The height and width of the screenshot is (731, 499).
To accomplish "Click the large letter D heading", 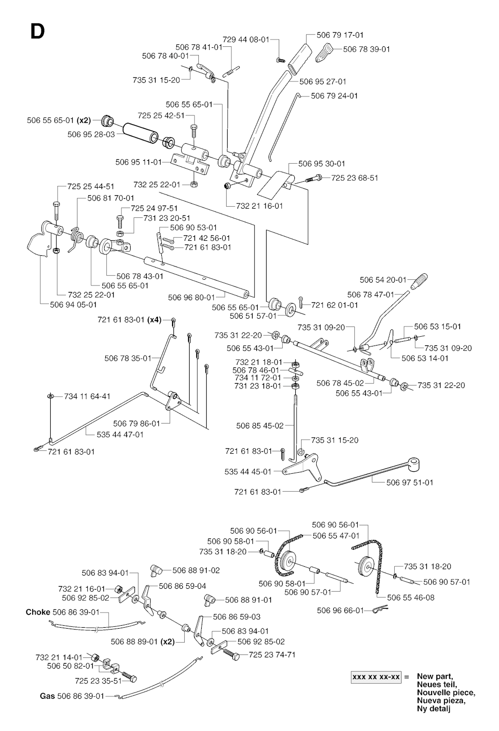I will pyautogui.click(x=37, y=31).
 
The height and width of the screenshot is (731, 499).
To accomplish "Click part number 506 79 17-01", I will pyautogui.click(x=340, y=35).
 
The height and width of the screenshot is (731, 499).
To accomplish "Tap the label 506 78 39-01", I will pyautogui.click(x=366, y=49).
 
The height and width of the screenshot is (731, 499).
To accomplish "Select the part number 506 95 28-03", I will pyautogui.click(x=91, y=134).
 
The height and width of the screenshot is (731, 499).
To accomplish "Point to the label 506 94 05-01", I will pyautogui.click(x=74, y=305).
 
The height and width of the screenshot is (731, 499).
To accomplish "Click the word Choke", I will pyautogui.click(x=38, y=612).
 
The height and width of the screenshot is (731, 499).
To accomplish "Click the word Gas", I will pyautogui.click(x=47, y=696).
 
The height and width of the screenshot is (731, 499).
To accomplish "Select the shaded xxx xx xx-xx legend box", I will pyautogui.click(x=376, y=677).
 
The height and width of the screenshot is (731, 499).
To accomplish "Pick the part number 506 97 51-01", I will pyautogui.click(x=410, y=482).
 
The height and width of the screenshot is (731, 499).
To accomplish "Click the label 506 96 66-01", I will pyautogui.click(x=340, y=610).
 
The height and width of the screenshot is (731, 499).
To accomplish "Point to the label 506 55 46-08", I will pyautogui.click(x=411, y=597).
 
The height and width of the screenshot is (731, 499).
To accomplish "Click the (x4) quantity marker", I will pyautogui.click(x=154, y=320).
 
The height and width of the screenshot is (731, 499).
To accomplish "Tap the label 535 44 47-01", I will pyautogui.click(x=120, y=434).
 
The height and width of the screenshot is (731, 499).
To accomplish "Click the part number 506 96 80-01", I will pyautogui.click(x=192, y=297).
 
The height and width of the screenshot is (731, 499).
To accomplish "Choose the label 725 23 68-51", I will pyautogui.click(x=355, y=178).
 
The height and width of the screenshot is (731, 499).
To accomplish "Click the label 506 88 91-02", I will pyautogui.click(x=196, y=570).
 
